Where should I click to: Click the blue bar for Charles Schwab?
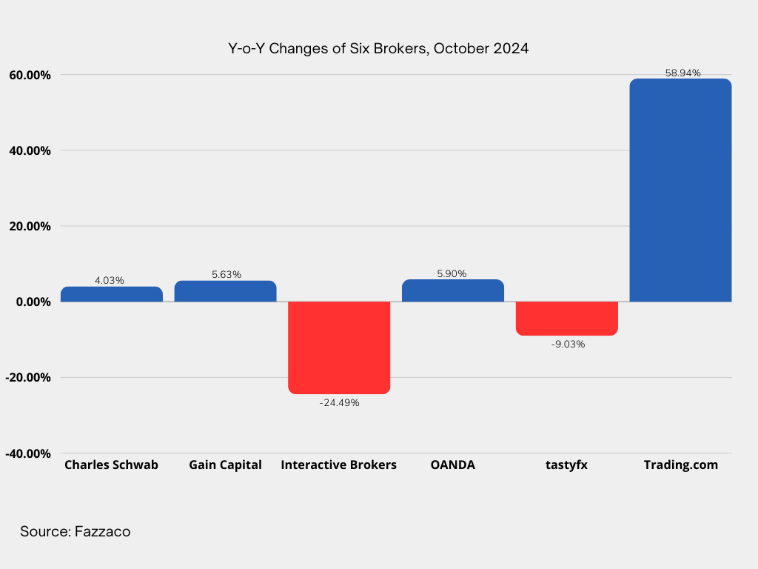[112, 294]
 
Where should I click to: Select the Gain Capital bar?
[225, 291]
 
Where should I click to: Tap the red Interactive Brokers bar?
[339, 348]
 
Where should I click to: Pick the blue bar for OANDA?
[453, 290]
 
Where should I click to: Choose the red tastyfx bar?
[566, 319]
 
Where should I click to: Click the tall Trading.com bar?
[681, 190]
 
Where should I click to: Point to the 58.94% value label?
[682, 73]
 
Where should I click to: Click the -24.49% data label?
[339, 402]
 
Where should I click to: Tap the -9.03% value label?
[568, 344]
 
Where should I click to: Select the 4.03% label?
[110, 280]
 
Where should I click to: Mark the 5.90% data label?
[452, 273]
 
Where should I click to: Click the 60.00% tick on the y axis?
[30, 75]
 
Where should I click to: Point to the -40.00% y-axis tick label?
[28, 453]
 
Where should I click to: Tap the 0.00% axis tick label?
[33, 302]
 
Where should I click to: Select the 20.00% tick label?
[30, 227]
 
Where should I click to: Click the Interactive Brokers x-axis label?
[339, 465]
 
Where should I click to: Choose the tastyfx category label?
[566, 465]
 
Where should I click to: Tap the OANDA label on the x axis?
[453, 465]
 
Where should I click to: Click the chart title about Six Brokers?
[378, 48]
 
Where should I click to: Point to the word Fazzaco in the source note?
[102, 531]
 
